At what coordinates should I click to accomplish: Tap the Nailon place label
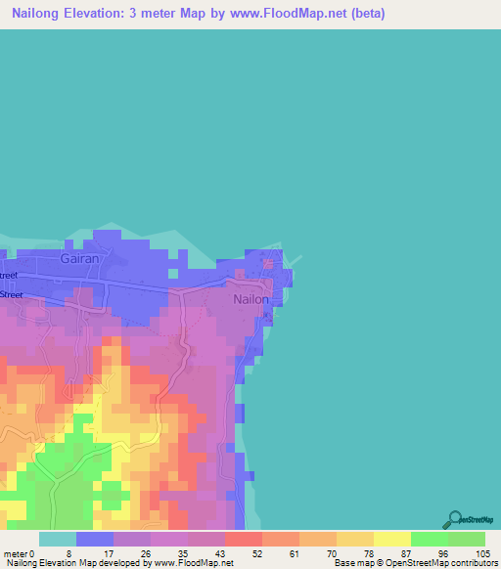[x=250, y=299]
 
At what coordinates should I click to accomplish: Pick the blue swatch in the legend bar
[x=95, y=539]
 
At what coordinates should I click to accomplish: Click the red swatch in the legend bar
[x=244, y=539]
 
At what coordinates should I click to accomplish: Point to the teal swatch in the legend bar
[x=58, y=539]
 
